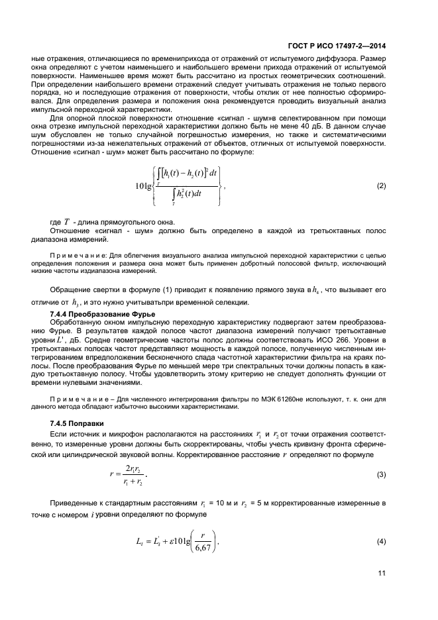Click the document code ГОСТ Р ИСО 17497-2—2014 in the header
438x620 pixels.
(x=337, y=46)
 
